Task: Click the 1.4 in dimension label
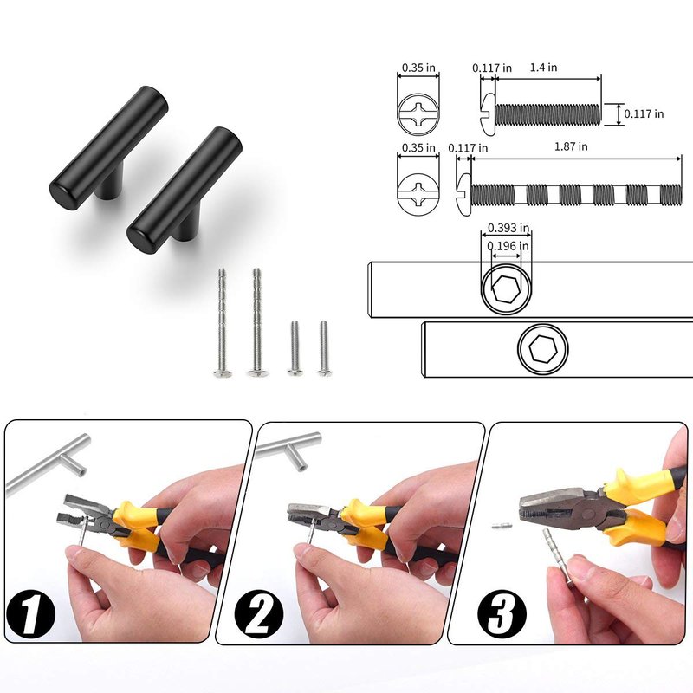click(543, 68)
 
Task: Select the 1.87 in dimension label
click(571, 146)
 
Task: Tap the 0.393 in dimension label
click(508, 228)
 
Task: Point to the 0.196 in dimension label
click(508, 246)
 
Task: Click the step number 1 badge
click(30, 612)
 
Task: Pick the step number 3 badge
click(502, 612)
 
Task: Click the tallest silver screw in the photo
click(256, 322)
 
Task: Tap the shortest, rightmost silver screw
click(323, 349)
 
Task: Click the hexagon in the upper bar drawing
click(506, 289)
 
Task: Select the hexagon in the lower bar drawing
click(543, 349)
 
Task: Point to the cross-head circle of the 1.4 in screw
click(418, 113)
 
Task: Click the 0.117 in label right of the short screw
click(644, 114)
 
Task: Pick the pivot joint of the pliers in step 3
click(588, 513)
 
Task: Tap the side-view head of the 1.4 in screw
click(488, 113)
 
